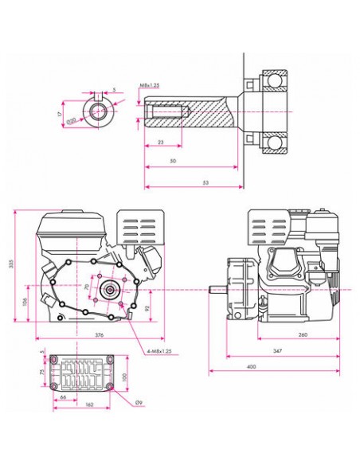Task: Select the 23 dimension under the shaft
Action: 161,142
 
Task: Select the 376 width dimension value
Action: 100,336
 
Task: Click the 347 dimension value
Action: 276,351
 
